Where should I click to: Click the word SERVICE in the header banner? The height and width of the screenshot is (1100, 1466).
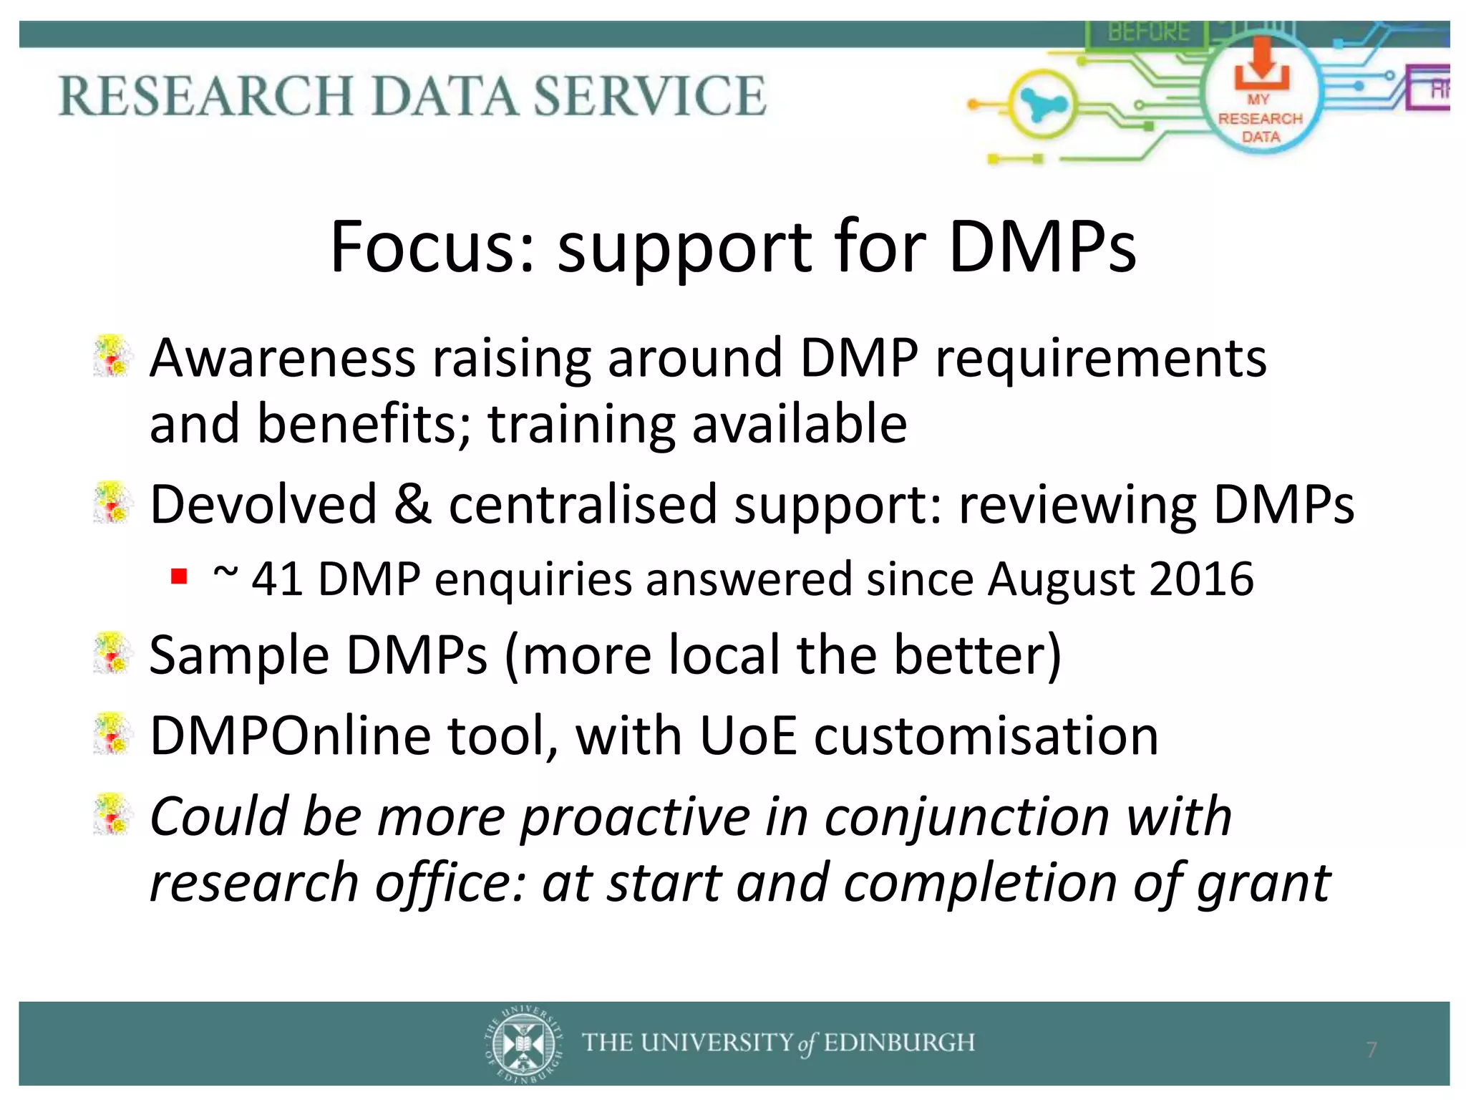(649, 95)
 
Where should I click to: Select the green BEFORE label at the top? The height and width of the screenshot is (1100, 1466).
(1148, 32)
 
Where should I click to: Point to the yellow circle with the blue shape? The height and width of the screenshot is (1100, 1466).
(1042, 106)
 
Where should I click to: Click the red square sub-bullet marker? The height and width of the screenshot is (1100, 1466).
(179, 576)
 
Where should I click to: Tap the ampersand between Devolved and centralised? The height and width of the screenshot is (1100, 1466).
(412, 504)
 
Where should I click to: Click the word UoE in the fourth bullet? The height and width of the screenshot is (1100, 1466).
(747, 736)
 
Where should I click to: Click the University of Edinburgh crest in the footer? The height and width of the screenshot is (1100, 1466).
(523, 1043)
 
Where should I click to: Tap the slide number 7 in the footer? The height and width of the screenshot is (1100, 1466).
(1371, 1050)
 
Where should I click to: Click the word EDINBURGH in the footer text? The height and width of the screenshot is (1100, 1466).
(899, 1043)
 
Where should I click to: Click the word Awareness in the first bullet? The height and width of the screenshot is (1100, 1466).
(282, 358)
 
